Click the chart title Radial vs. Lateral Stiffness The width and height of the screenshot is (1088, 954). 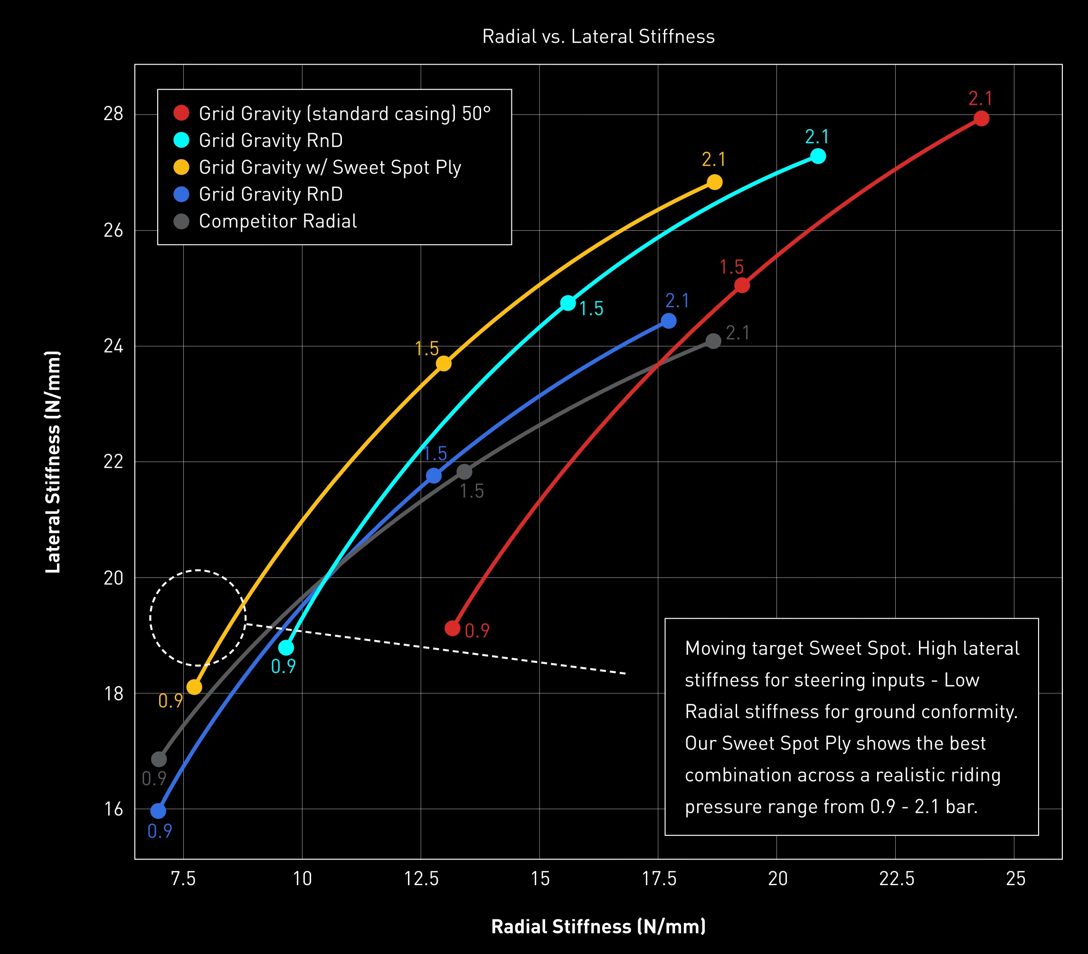[x=598, y=36]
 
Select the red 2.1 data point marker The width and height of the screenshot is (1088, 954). [x=981, y=118]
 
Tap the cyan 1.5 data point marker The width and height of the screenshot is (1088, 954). [x=568, y=303]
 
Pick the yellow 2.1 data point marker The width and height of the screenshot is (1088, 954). [x=714, y=182]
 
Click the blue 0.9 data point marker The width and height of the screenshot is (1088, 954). [x=158, y=811]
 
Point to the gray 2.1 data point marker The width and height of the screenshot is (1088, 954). [x=713, y=341]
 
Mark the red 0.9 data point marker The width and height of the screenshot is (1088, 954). [x=453, y=628]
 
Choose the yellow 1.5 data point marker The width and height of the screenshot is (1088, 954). [x=444, y=364]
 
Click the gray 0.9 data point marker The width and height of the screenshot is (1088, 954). [x=159, y=759]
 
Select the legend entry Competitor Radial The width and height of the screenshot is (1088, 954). [x=277, y=221]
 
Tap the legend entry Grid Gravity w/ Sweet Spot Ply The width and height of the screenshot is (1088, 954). [x=330, y=167]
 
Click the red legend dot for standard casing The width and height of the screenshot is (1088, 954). [x=181, y=113]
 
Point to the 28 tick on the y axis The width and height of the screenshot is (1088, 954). [x=114, y=114]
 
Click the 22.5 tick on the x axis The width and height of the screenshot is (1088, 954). [x=896, y=879]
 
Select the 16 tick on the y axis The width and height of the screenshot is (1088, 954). [x=114, y=809]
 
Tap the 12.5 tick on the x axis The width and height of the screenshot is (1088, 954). [x=421, y=879]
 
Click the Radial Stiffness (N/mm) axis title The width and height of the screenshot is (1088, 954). [x=598, y=927]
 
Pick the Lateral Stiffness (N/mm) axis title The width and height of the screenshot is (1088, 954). [x=53, y=462]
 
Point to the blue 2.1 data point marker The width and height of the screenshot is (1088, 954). [x=669, y=321]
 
